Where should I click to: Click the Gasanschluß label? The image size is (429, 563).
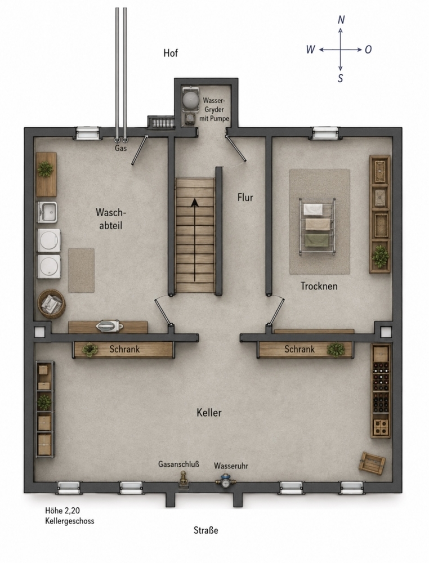[x=178, y=464]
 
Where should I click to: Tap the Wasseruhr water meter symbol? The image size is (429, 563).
[x=225, y=480]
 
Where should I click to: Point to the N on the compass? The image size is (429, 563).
[x=341, y=20]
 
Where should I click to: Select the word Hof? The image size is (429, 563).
[x=171, y=53]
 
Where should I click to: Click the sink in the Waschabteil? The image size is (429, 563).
[x=47, y=212]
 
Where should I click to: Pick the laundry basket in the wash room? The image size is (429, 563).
[x=51, y=304]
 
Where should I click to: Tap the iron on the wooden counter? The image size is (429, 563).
[x=109, y=326]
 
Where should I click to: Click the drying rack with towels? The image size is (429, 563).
[x=318, y=226]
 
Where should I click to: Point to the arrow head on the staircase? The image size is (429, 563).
[x=195, y=203]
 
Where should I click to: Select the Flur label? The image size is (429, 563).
[x=245, y=197]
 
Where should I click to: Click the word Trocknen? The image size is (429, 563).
[x=319, y=286]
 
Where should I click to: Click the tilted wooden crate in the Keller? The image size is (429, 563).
[x=372, y=463]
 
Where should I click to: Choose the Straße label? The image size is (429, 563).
[x=206, y=530]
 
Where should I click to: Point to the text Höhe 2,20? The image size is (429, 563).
[x=62, y=510]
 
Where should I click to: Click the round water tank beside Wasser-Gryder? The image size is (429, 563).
[x=190, y=100]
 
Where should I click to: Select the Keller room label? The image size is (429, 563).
[x=209, y=413]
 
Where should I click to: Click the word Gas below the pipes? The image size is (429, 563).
[x=121, y=148]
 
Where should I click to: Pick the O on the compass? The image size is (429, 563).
[x=368, y=50]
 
